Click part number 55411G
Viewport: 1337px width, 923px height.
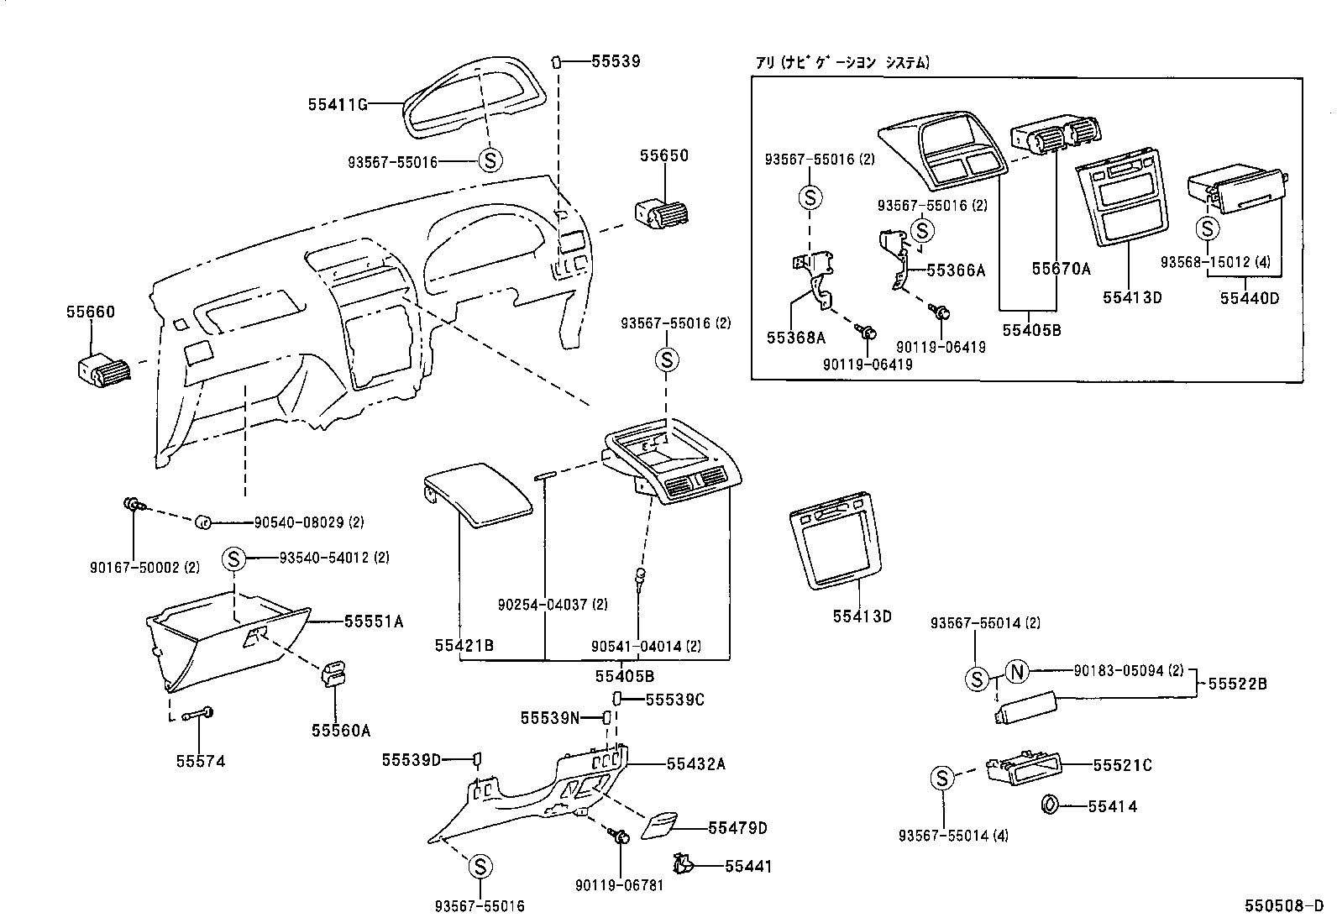pyautogui.click(x=338, y=104)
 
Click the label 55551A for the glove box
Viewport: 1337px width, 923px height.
pyautogui.click(x=374, y=621)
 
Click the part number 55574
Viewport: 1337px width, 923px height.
pyautogui.click(x=200, y=761)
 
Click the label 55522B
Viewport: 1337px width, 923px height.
pyautogui.click(x=1238, y=684)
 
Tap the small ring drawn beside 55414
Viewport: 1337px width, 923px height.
pyautogui.click(x=1049, y=805)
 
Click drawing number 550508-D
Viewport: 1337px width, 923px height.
pyautogui.click(x=1283, y=906)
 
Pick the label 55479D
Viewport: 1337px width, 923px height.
pyautogui.click(x=737, y=828)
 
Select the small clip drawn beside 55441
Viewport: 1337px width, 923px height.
pyautogui.click(x=682, y=863)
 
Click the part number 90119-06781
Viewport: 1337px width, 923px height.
pyautogui.click(x=620, y=884)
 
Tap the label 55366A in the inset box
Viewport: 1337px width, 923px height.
pyautogui.click(x=956, y=270)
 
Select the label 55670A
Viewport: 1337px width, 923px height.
pyautogui.click(x=1061, y=269)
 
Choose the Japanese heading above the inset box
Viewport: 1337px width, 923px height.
pyautogui.click(x=842, y=62)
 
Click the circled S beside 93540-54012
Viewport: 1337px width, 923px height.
pyautogui.click(x=234, y=558)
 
